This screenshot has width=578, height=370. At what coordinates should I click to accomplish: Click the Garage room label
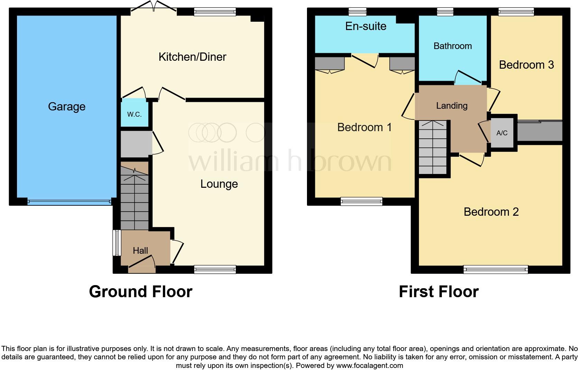[67, 107]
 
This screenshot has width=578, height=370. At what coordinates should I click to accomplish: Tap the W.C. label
[134, 114]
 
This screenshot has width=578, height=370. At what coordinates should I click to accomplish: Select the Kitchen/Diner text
[192, 57]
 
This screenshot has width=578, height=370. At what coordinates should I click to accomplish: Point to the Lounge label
[219, 184]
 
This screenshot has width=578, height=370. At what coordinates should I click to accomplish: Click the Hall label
[140, 251]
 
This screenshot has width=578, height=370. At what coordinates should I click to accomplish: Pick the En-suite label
[366, 26]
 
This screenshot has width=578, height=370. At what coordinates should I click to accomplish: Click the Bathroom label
[453, 46]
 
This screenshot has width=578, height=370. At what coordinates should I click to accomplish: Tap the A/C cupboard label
[502, 133]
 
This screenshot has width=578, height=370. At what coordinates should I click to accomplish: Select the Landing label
[451, 106]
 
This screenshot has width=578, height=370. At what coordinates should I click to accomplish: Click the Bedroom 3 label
[526, 65]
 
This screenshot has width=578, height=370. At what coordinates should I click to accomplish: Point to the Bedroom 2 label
[491, 212]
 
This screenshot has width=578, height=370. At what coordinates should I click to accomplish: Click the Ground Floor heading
[140, 292]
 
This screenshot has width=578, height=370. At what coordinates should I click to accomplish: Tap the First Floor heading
[438, 292]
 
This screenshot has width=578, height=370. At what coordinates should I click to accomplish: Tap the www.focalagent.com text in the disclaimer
[369, 366]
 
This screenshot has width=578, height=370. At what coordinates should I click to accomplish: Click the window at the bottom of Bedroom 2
[495, 269]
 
